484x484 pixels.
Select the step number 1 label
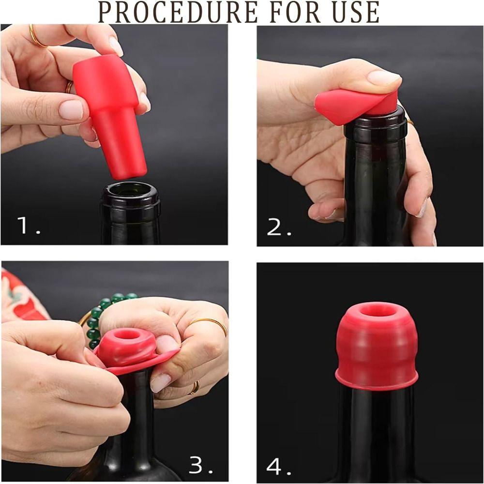[28, 225]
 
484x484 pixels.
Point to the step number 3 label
[200, 465]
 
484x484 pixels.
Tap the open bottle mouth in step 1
[130, 190]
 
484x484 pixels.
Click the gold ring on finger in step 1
[37, 37]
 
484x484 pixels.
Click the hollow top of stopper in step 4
[376, 310]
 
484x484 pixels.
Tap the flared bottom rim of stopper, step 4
[376, 382]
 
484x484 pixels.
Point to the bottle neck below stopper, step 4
[376, 426]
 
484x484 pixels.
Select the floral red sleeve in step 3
[19, 295]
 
